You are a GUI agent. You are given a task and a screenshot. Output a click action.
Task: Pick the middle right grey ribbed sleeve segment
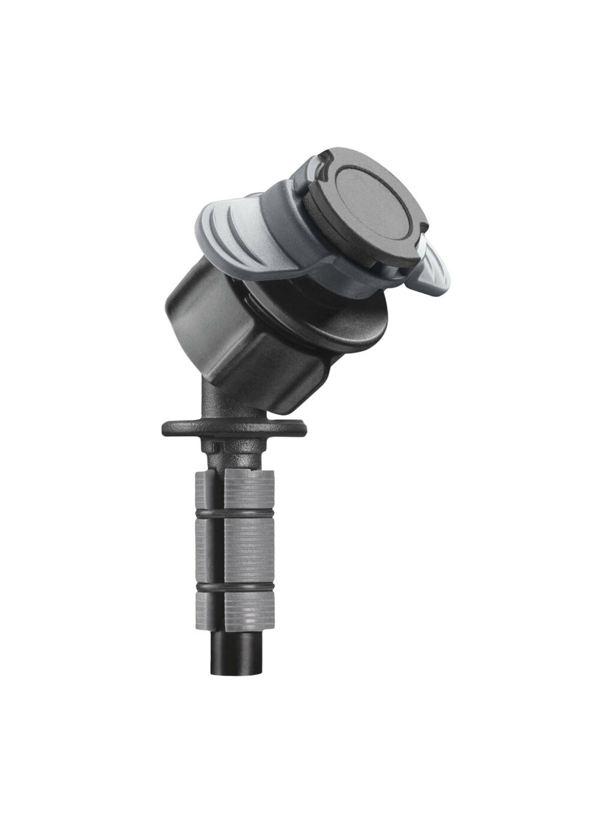pos(248,545)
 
